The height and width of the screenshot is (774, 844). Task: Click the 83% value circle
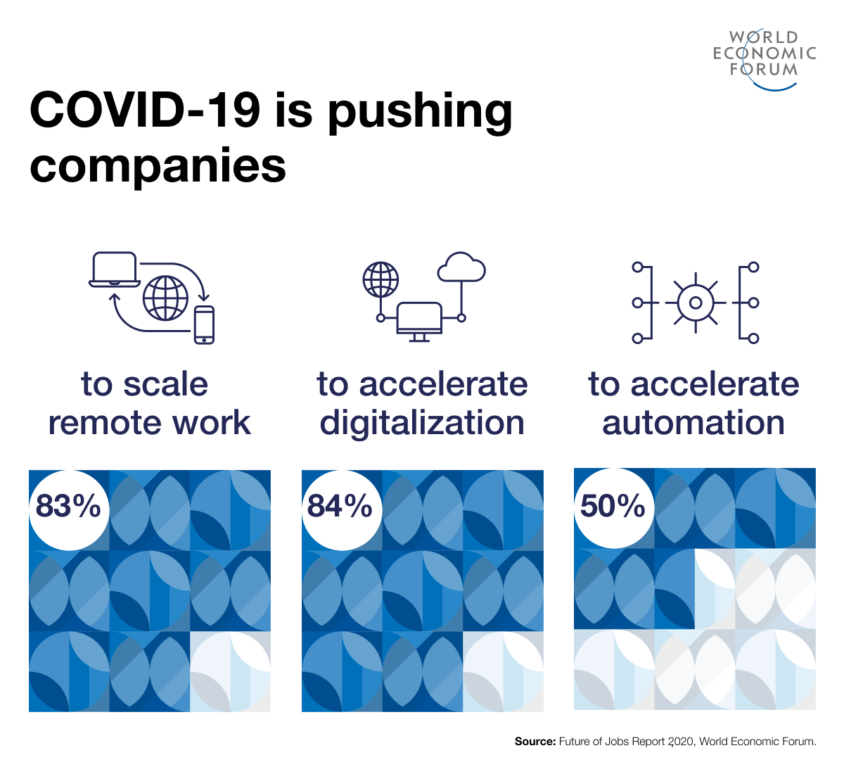[68, 508]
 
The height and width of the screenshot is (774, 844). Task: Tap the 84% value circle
[341, 508]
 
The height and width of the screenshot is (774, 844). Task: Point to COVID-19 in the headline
[144, 110]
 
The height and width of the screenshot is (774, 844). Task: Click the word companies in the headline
[158, 166]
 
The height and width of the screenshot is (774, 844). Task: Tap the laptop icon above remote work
[114, 269]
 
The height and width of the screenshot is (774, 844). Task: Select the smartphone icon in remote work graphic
[204, 325]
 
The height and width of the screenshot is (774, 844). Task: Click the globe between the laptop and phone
[165, 298]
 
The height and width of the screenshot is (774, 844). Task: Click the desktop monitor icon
[419, 320]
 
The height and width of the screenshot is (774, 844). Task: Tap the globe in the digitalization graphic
[381, 280]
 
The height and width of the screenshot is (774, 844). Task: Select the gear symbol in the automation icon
[695, 303]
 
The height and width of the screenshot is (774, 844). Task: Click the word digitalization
[422, 423]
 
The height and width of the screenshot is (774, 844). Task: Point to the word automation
[693, 423]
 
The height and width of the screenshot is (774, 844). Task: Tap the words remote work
[149, 423]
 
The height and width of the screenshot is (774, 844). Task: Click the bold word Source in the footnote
[535, 741]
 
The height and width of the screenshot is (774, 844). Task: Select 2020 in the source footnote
[680, 741]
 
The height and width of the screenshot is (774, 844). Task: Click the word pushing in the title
[420, 110]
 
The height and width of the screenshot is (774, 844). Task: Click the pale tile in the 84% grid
[503, 671]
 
